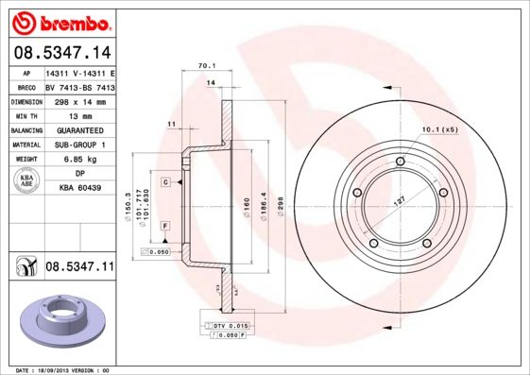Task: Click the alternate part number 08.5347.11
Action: [78, 268]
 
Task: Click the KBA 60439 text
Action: [80, 189]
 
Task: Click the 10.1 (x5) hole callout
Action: [437, 128]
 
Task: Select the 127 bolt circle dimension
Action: [401, 200]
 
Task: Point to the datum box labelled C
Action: [165, 181]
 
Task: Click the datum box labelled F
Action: [165, 227]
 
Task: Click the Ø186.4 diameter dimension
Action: [262, 203]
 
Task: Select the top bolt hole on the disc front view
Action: [401, 162]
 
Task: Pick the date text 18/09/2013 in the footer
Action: [59, 370]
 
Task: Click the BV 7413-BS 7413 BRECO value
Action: [80, 85]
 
